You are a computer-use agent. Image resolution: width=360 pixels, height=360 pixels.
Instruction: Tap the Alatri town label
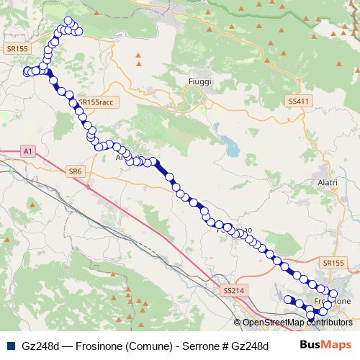click(327, 183)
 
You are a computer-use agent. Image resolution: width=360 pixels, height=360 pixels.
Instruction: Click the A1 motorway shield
click(28, 151)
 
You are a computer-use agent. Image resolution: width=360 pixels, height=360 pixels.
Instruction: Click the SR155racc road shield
click(96, 103)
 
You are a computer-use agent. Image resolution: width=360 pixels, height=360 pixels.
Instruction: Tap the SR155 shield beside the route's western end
click(16, 48)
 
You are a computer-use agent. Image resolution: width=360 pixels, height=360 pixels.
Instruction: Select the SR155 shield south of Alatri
click(335, 264)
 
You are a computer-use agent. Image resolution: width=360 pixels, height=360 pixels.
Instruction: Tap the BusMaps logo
click(325, 344)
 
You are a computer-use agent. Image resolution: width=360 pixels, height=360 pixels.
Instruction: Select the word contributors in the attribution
click(330, 322)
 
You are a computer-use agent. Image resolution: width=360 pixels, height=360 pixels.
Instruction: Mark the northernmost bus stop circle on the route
click(68, 21)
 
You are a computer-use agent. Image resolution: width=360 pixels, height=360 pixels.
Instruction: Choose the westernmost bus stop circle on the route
click(27, 71)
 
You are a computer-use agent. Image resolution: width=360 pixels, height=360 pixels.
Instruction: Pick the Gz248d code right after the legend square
click(36, 344)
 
